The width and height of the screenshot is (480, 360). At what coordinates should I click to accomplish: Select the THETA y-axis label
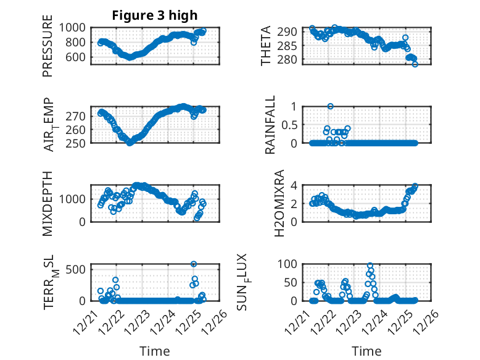[266, 46]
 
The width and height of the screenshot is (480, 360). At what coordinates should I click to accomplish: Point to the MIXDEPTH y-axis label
[48, 203]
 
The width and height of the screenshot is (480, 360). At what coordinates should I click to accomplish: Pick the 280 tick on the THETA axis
[291, 60]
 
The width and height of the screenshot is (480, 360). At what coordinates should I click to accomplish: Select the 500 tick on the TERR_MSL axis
[78, 270]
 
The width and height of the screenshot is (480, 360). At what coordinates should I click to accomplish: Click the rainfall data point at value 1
[330, 106]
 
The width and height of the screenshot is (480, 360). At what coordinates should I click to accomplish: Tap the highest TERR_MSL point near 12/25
[194, 264]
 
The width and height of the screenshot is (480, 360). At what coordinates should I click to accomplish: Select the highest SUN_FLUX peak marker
[370, 266]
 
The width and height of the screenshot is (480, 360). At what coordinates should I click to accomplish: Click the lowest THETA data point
[415, 64]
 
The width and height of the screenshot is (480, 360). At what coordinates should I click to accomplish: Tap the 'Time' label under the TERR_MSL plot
[155, 351]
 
